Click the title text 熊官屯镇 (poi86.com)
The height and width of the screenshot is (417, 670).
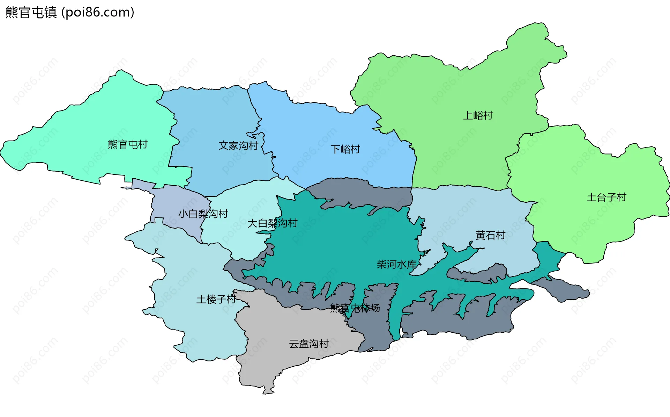[70, 13]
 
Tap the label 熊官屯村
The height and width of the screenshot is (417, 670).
[127, 144]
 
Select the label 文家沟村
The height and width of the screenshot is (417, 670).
[238, 145]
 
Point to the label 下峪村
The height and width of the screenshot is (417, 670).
[345, 149]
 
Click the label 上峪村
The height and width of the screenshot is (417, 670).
[478, 115]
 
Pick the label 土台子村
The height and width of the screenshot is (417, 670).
[606, 197]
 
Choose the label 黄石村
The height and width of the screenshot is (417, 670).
[490, 235]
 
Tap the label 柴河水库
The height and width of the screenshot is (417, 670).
[396, 264]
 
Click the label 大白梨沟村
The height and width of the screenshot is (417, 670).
[272, 223]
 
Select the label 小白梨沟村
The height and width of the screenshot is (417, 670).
[203, 214]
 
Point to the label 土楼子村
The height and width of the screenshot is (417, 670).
[216, 299]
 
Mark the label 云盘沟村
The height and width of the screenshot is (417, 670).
[309, 344]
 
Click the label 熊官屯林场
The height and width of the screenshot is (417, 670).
[355, 308]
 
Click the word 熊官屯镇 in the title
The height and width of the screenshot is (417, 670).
[31, 13]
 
